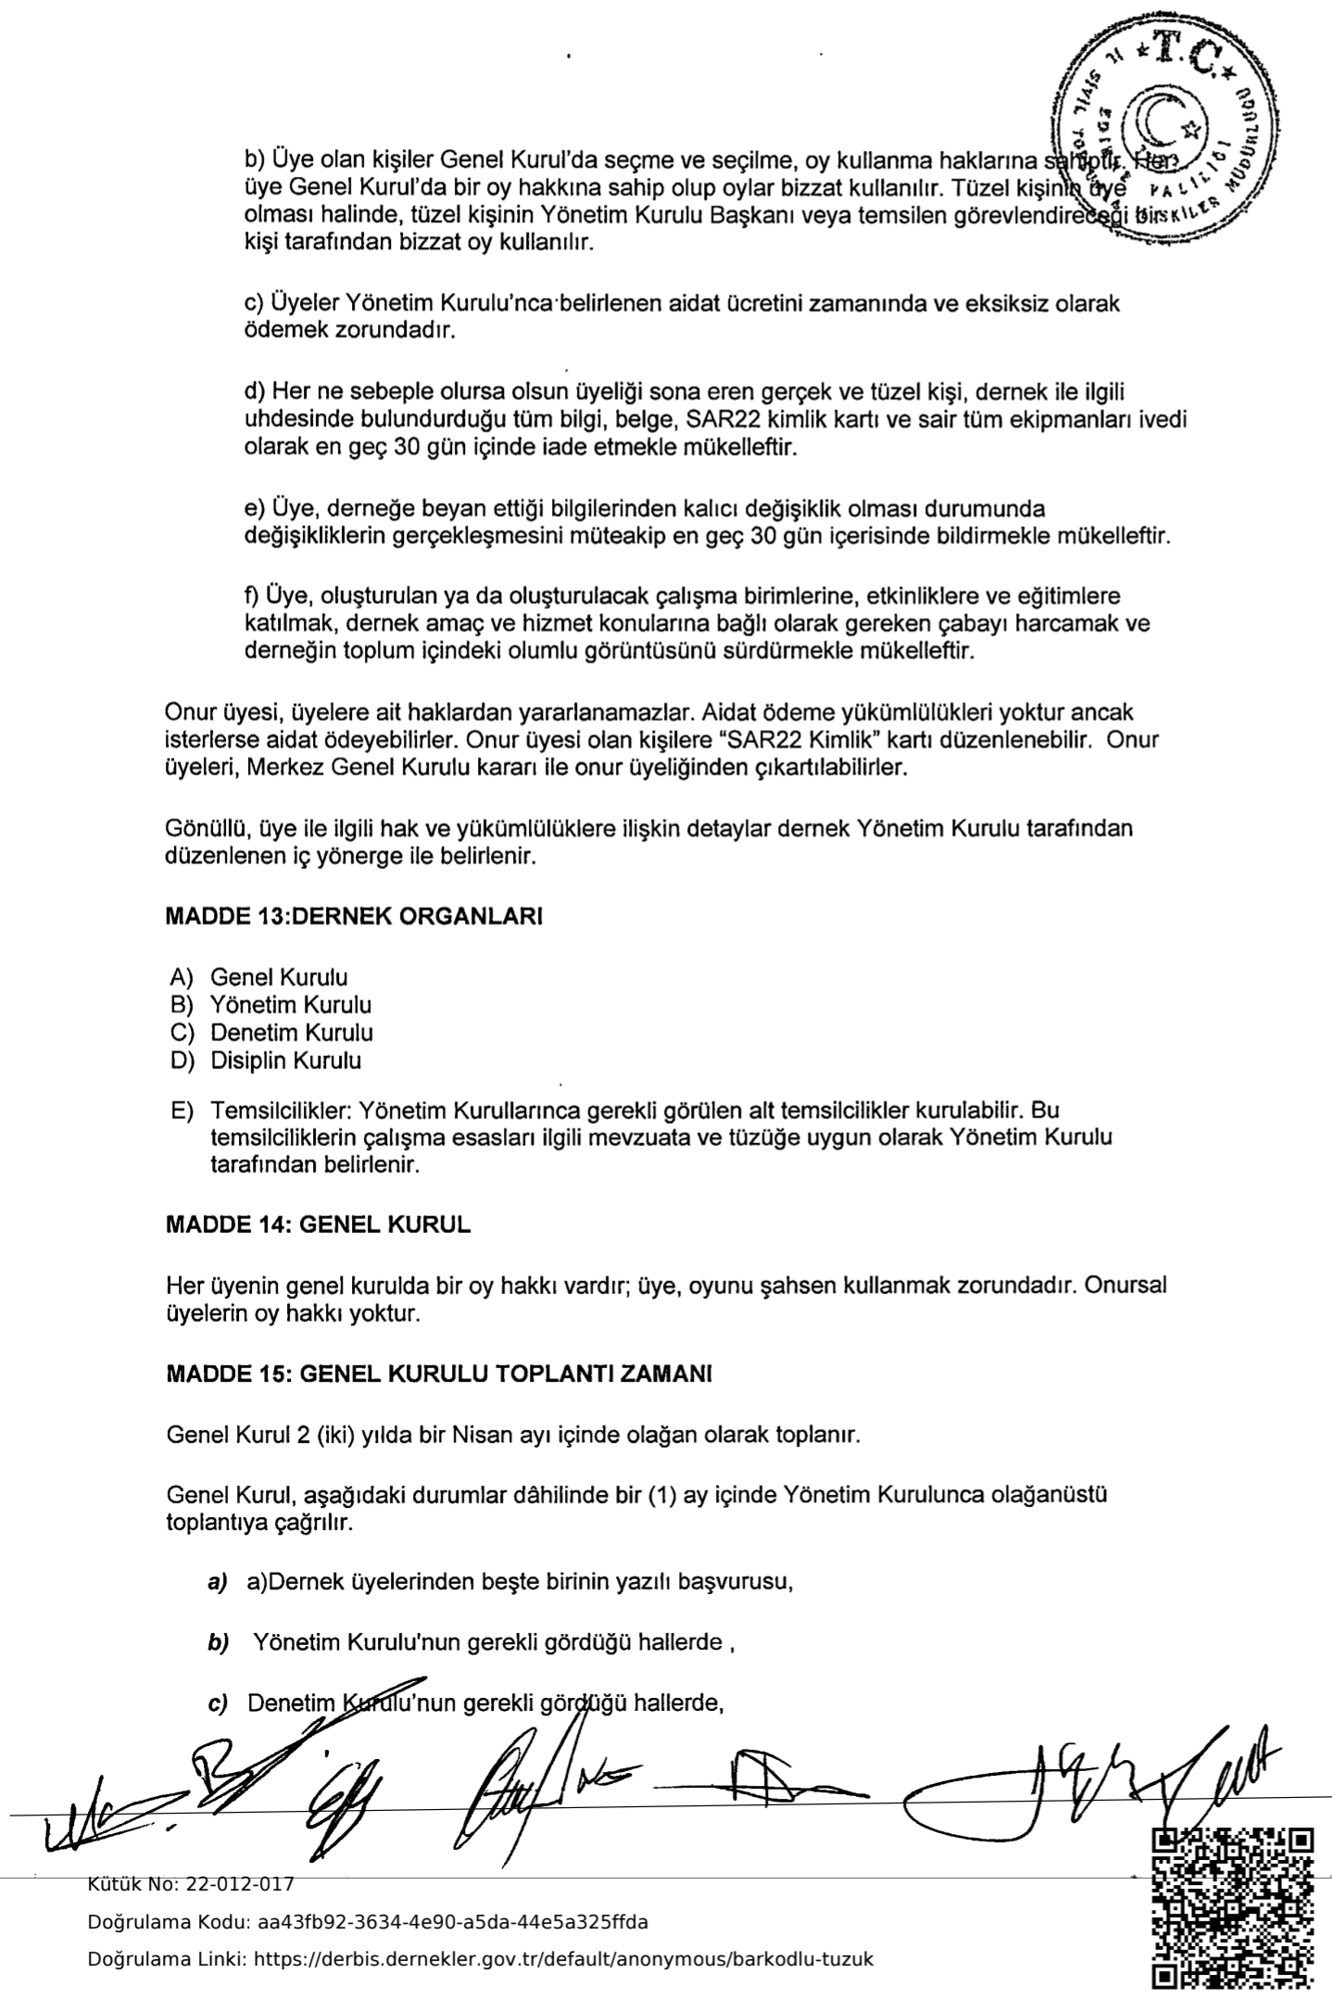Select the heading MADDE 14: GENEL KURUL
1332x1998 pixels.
click(x=318, y=1225)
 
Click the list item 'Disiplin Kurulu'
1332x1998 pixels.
click(x=285, y=1061)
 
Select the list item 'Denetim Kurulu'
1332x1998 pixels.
click(x=292, y=1033)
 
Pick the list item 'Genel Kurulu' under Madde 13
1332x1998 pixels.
click(x=279, y=977)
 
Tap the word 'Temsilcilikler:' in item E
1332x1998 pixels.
click(x=279, y=1110)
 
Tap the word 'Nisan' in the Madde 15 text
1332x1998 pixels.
click(x=481, y=1437)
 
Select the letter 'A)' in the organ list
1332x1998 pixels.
click(x=181, y=977)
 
